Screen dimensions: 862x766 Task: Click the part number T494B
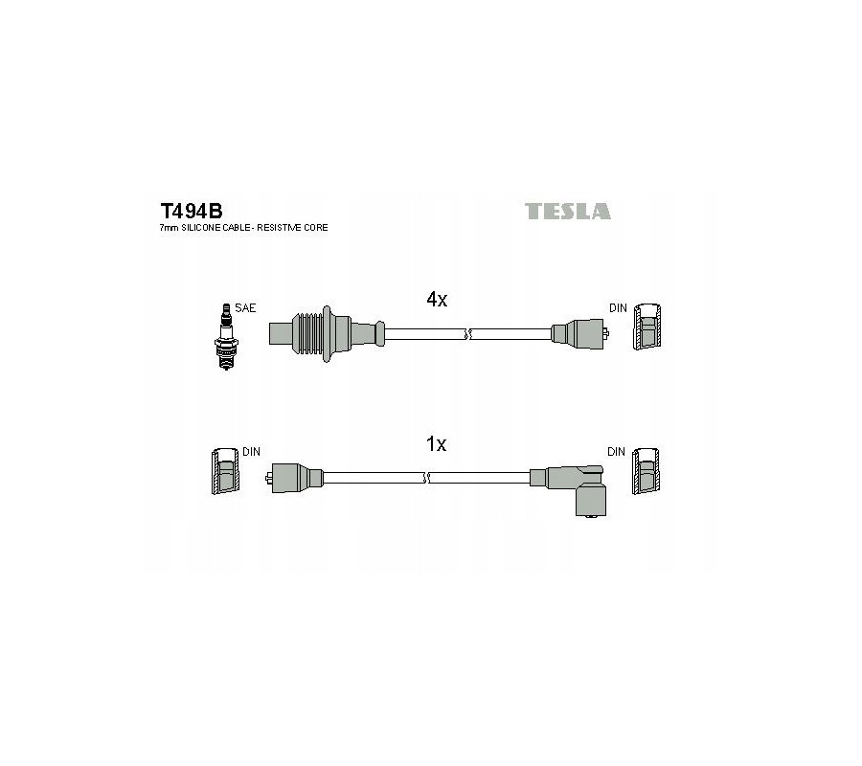(192, 211)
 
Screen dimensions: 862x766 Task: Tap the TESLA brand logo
(567, 211)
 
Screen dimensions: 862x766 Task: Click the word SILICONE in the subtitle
(202, 228)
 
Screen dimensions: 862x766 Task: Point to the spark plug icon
(226, 336)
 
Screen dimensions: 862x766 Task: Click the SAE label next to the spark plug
(245, 308)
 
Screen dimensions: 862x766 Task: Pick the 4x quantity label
(437, 300)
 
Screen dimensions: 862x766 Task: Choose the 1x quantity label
(437, 444)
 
